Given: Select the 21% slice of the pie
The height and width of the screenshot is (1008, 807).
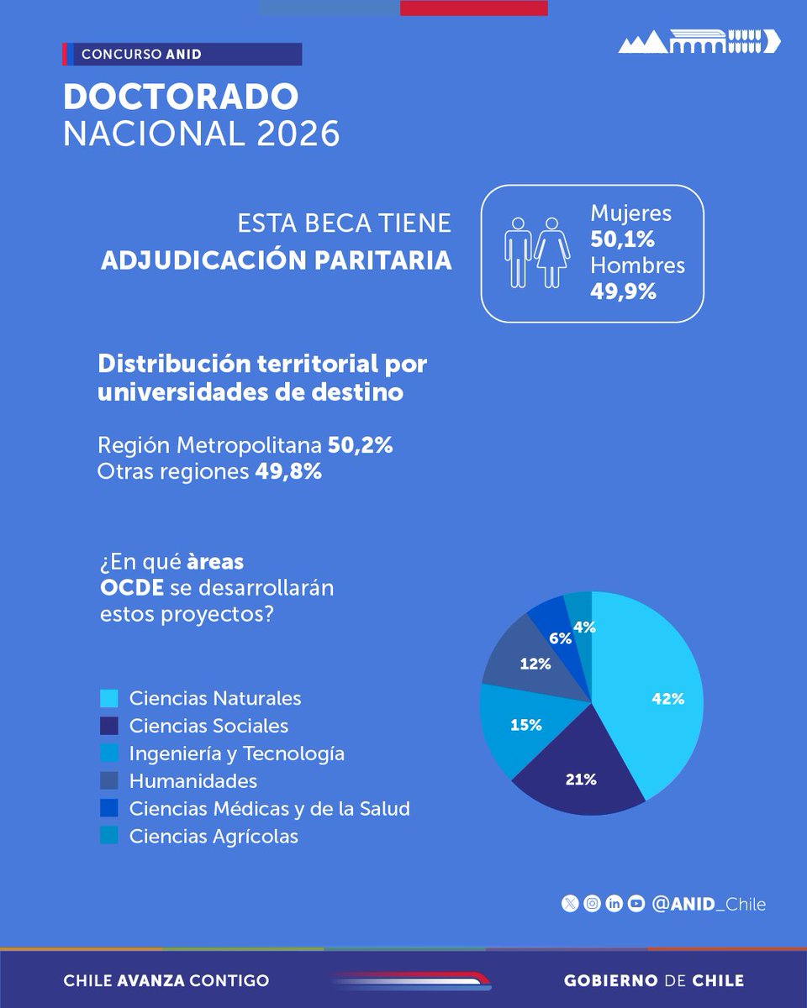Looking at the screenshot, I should click(x=580, y=779).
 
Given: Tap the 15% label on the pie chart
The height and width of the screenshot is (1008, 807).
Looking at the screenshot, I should click(x=525, y=725).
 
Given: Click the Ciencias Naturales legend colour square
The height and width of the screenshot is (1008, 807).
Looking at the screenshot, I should click(x=108, y=699).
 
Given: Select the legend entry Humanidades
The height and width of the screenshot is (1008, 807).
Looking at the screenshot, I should click(x=193, y=781).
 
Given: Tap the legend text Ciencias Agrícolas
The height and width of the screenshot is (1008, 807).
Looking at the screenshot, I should click(x=214, y=836).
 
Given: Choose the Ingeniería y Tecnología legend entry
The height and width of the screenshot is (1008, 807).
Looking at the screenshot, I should click(x=236, y=753).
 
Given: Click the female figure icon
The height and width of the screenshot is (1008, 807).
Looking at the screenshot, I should click(x=552, y=252).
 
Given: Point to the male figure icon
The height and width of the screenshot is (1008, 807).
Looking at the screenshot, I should click(x=518, y=252).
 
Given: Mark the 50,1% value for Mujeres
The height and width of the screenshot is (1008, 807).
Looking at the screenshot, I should click(x=622, y=239).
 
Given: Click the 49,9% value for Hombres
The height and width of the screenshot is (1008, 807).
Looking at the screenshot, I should click(x=622, y=291).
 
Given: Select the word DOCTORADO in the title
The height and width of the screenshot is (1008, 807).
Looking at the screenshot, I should click(x=181, y=97).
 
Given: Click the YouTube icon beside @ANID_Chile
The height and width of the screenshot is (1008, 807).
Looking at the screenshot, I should click(x=636, y=904).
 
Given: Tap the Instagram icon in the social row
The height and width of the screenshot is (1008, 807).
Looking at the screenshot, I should click(x=593, y=904).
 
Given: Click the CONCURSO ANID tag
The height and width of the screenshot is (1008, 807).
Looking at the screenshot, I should click(x=140, y=55).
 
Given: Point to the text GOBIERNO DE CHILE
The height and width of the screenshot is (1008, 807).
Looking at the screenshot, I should click(x=653, y=980).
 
